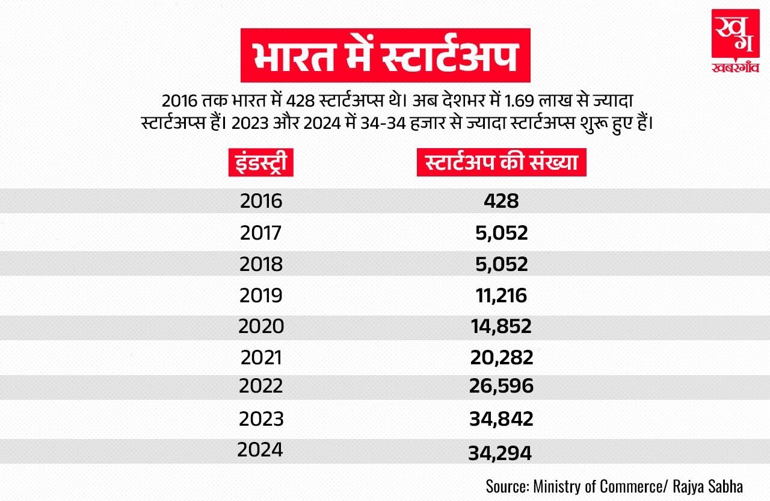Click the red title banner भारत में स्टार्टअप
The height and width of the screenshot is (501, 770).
(x=385, y=55)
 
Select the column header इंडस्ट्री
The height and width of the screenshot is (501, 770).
(x=260, y=164)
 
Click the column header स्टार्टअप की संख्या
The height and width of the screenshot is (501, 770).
(x=501, y=164)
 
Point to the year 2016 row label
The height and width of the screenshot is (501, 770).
(x=260, y=201)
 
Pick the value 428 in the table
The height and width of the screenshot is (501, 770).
(x=501, y=201)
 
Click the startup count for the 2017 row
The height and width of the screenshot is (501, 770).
(x=500, y=232)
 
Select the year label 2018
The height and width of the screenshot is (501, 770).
(x=260, y=264)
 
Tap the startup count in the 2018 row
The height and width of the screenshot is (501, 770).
(x=500, y=264)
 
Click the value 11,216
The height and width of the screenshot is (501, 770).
(x=499, y=295)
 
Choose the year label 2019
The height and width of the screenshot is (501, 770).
(x=260, y=295)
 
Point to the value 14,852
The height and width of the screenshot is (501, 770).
(x=501, y=326)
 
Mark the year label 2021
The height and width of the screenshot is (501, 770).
(x=260, y=358)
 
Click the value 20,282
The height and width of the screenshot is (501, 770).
(x=502, y=358)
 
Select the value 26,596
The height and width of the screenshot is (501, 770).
(x=501, y=386)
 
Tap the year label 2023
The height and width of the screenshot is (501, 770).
(x=260, y=419)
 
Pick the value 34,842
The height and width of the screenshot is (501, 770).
(x=501, y=419)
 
